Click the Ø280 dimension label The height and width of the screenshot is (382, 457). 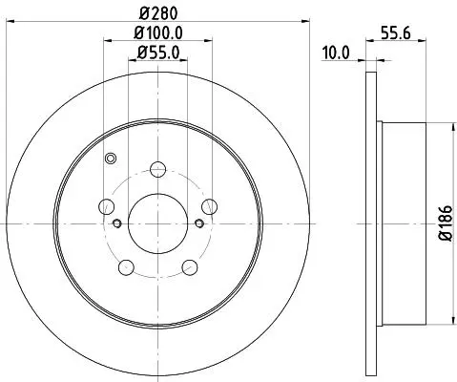pos(158,13)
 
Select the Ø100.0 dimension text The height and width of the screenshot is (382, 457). pos(158,32)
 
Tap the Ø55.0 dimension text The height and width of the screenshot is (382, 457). pos(158,53)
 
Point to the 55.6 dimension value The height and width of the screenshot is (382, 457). pos(396,32)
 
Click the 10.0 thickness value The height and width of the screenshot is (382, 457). pos(336,53)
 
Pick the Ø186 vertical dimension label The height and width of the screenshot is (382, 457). pos(446,223)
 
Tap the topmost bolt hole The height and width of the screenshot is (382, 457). pos(157,169)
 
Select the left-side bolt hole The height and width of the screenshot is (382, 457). pos(107,206)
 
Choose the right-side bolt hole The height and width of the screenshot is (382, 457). pos(209,206)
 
